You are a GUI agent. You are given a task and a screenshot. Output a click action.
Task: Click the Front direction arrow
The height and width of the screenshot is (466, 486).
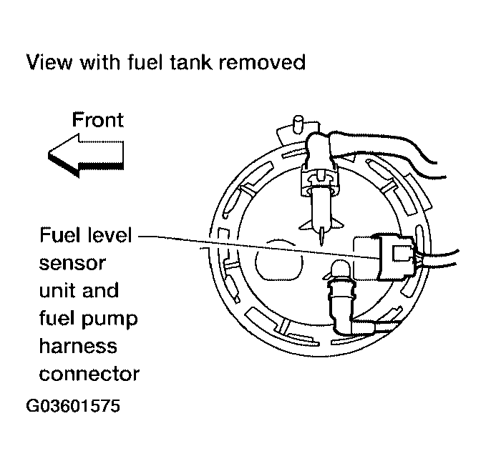pos(84,156)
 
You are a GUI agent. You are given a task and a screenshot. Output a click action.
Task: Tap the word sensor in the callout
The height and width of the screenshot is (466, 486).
pos(71,263)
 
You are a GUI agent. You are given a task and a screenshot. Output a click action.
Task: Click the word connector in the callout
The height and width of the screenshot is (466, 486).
pos(88,374)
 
